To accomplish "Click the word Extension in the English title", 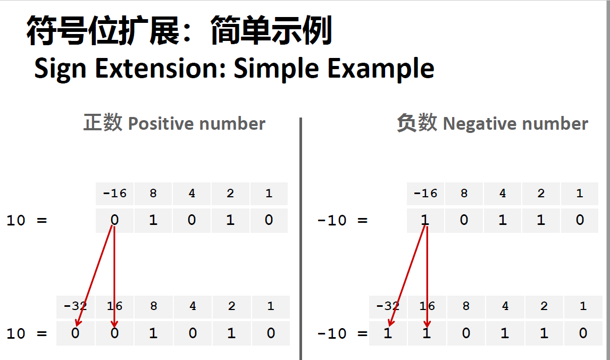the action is tap(160, 69).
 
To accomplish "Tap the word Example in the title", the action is tap(381, 69).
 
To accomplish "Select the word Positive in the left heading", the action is tap(161, 124).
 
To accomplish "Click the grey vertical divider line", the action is tap(300, 239).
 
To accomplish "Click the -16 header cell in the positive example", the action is tap(114, 194).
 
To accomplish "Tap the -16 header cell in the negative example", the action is tap(425, 194).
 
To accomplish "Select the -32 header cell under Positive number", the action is tap(76, 306).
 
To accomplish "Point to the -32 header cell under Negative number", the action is tap(388, 306).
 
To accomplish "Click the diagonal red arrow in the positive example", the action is tap(95, 275).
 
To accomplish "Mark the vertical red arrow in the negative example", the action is tap(427, 277).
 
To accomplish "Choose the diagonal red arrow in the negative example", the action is tap(407, 275).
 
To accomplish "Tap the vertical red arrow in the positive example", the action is tap(114, 277).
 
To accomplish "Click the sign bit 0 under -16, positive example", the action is tap(114, 220).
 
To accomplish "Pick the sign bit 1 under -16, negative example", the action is tap(425, 220).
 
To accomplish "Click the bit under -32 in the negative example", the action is tap(388, 333).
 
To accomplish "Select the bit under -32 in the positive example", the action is tap(76, 333).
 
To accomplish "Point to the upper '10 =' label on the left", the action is tap(27, 221).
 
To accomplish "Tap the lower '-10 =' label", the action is tap(342, 333).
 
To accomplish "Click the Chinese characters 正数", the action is tap(103, 123).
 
